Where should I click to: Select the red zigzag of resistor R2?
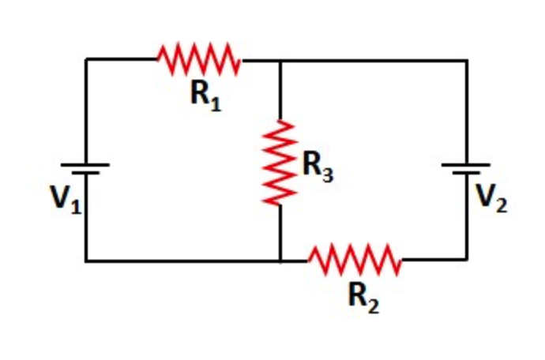pos(355,260)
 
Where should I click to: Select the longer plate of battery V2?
pos(466,165)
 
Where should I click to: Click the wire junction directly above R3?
pos(280,59)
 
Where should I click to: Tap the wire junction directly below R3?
pos(280,260)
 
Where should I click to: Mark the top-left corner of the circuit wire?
pos(86,59)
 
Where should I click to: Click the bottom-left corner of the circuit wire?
pos(86,260)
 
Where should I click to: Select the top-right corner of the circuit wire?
pos(466,59)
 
